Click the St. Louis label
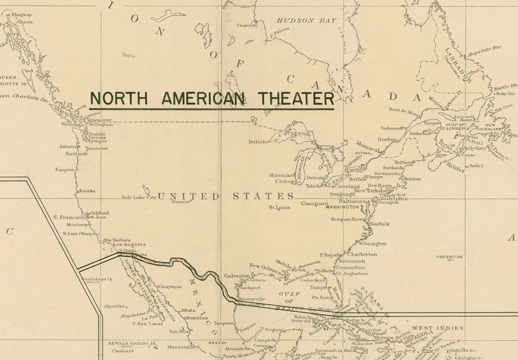coord(279,208)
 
